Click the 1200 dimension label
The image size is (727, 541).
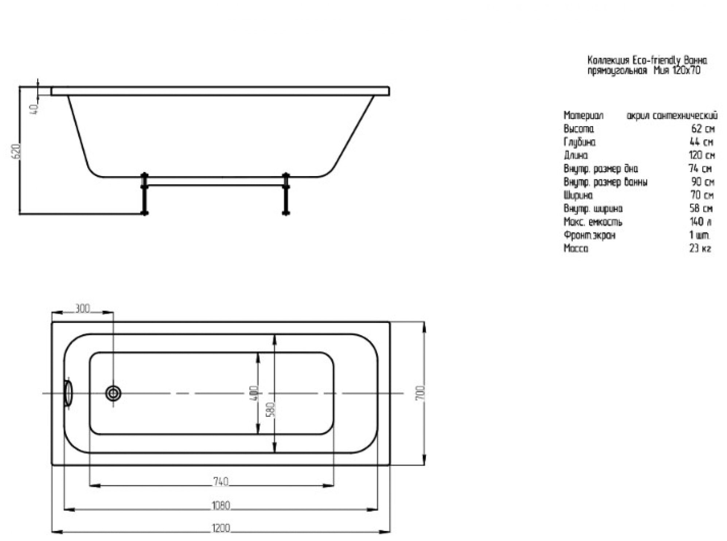(221, 528)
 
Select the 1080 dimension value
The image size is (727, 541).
(221, 506)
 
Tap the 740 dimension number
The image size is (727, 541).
(221, 482)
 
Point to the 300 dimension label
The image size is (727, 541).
(82, 308)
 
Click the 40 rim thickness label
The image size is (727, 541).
(34, 109)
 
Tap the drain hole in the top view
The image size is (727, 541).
(113, 393)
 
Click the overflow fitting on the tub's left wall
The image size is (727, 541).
(68, 393)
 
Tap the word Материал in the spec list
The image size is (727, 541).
(583, 116)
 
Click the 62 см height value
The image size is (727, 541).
(703, 129)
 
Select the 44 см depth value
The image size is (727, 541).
(701, 142)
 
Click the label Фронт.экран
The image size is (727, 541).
(589, 235)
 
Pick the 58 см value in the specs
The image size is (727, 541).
(701, 209)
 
